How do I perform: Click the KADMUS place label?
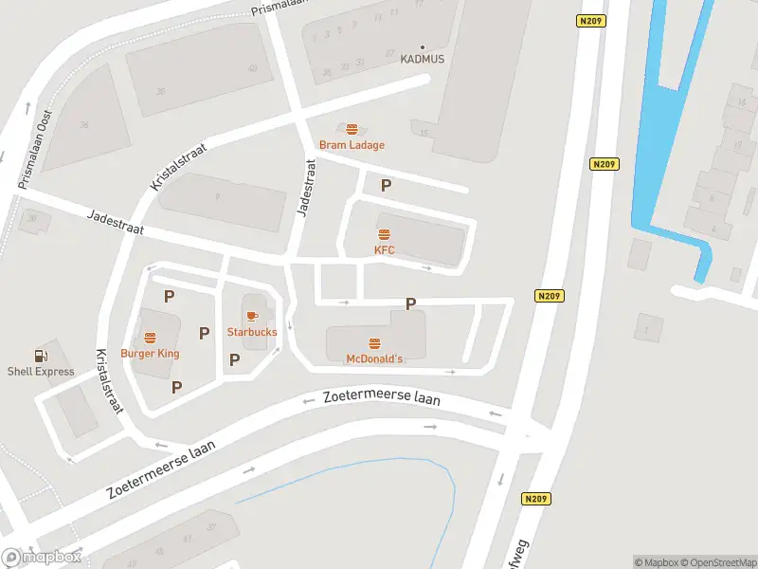[423, 59]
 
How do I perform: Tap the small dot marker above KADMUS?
[423, 46]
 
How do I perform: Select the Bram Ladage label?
[352, 145]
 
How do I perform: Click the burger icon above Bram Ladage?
[352, 130]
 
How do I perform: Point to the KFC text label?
[384, 250]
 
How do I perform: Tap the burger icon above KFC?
[384, 234]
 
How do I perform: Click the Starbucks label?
[252, 332]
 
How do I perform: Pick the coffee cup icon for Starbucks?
[252, 316]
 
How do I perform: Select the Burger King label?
[150, 354]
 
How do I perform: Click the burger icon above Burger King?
[150, 338]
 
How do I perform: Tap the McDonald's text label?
[374, 358]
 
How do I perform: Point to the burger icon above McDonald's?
[374, 342]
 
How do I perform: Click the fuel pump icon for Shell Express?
[40, 356]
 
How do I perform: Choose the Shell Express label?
[41, 372]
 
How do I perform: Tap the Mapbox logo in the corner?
[42, 558]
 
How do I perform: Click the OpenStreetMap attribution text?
[717, 562]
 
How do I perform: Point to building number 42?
[252, 68]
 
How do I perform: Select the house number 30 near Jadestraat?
[32, 217]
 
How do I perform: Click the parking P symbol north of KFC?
[386, 186]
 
